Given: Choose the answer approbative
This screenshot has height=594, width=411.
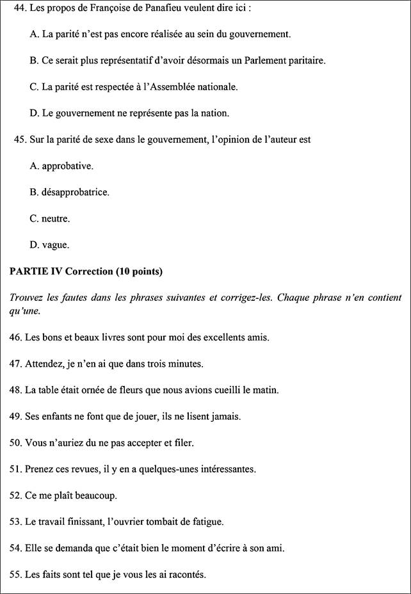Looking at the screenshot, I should (67, 166).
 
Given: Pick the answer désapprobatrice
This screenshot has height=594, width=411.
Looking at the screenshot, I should (75, 192).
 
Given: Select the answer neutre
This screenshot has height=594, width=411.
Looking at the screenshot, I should (56, 218).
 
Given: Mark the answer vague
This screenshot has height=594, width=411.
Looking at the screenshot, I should (55, 245).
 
